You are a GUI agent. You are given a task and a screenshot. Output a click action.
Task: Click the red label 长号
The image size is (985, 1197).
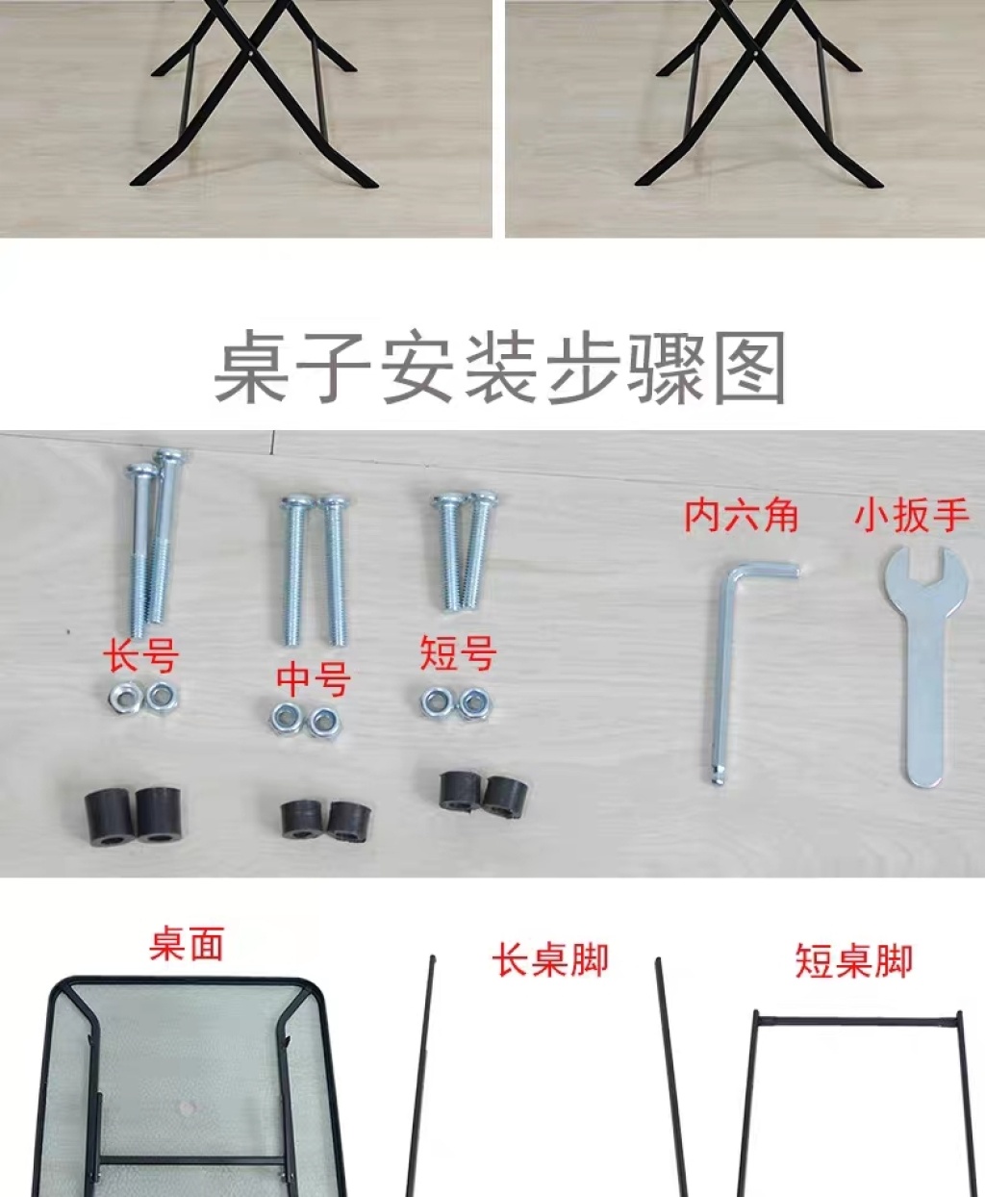pyautogui.click(x=140, y=655)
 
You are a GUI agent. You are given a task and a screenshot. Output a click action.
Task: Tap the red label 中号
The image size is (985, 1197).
pyautogui.click(x=314, y=679)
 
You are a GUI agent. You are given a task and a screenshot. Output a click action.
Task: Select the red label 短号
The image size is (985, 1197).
pyautogui.click(x=458, y=653)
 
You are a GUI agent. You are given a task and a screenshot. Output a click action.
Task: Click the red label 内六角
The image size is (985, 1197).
pyautogui.click(x=741, y=516)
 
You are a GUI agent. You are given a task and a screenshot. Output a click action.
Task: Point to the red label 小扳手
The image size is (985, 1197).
pyautogui.click(x=912, y=517)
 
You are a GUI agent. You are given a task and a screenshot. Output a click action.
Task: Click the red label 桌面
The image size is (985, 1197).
pyautogui.click(x=186, y=945)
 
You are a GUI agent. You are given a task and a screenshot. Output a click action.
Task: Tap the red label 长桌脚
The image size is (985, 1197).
pyautogui.click(x=549, y=959)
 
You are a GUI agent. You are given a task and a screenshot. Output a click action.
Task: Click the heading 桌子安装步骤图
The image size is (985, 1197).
pyautogui.click(x=500, y=368)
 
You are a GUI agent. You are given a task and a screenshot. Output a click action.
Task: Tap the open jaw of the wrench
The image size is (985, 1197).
pyautogui.click(x=922, y=568)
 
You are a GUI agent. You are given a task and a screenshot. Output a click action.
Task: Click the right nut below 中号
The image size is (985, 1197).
pyautogui.click(x=321, y=722)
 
